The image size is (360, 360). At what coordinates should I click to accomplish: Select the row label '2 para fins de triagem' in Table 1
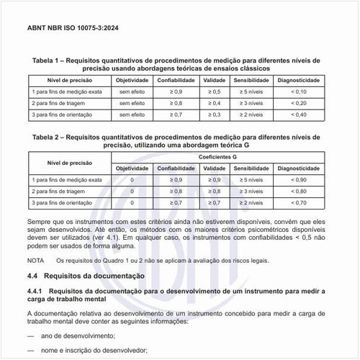click(x=60, y=103)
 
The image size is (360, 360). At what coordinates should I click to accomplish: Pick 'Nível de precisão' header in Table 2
click(x=69, y=162)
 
